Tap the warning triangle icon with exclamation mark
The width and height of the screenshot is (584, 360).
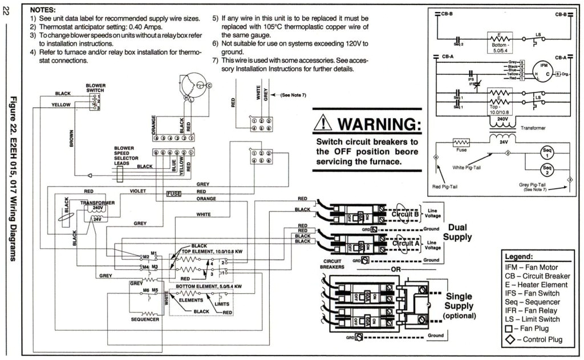(323, 123)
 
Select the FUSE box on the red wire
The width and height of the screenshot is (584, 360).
(173, 194)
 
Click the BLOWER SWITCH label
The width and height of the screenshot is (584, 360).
(95, 88)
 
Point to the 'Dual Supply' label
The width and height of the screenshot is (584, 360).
(457, 232)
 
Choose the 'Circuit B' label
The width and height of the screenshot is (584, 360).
(405, 215)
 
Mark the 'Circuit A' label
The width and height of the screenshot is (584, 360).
(405, 243)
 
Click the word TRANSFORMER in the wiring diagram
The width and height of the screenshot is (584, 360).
(98, 203)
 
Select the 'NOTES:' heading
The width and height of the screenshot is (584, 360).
(42, 10)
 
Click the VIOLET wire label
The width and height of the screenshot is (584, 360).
(138, 191)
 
